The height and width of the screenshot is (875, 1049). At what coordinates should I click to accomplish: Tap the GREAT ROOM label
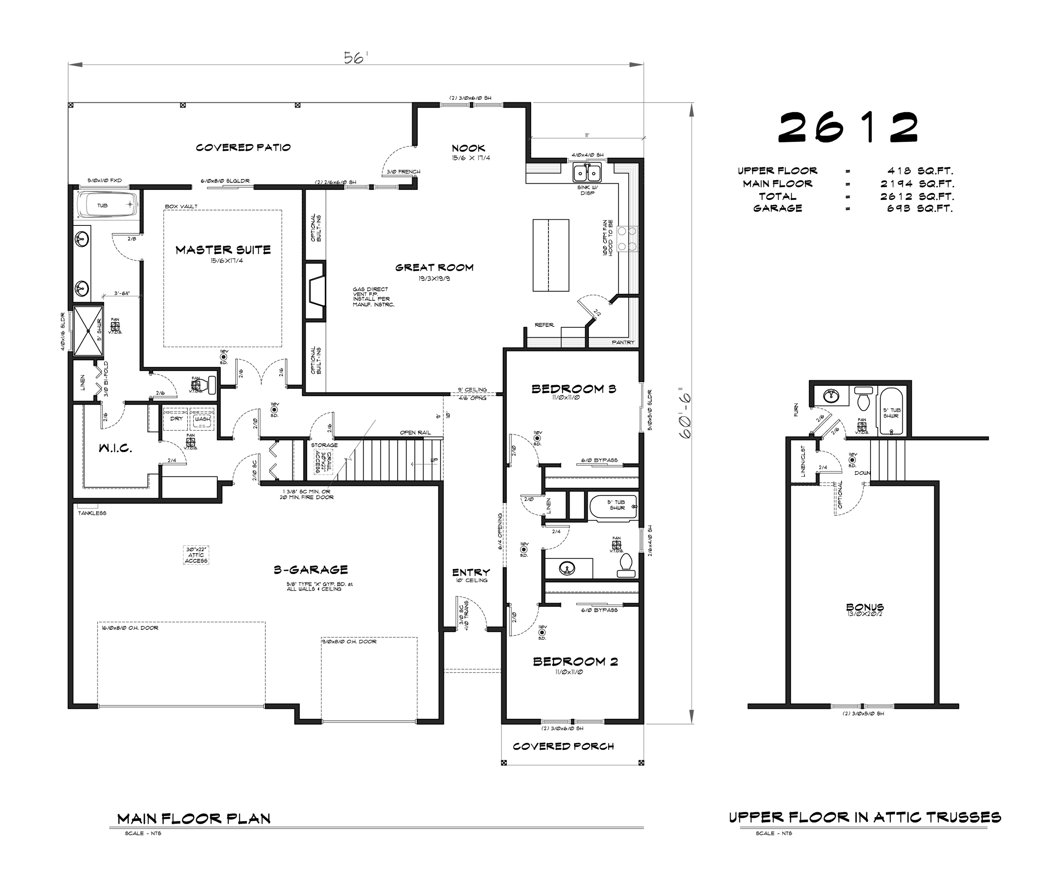[434, 268]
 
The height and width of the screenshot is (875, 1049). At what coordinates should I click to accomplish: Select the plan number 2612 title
[848, 127]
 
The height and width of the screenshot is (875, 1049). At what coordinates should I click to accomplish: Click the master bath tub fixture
[107, 205]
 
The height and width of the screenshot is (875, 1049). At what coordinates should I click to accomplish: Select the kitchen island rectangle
[550, 255]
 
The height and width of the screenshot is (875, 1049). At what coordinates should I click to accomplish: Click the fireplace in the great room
[316, 290]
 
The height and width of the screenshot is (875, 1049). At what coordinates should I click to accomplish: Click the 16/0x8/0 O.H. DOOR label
[130, 628]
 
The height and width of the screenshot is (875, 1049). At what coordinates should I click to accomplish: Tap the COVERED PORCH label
[563, 746]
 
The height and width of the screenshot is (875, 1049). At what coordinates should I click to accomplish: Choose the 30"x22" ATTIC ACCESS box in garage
[196, 555]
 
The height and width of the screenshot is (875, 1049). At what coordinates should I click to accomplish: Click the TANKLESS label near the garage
[92, 513]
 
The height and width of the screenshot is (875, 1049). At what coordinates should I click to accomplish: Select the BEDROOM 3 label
[574, 389]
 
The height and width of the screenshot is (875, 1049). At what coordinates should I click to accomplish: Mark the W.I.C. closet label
[115, 448]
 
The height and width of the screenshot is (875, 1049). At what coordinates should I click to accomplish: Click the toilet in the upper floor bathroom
[863, 399]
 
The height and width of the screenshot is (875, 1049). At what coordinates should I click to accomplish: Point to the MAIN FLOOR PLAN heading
[194, 819]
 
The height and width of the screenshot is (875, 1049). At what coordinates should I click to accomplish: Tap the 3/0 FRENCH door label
[403, 172]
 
